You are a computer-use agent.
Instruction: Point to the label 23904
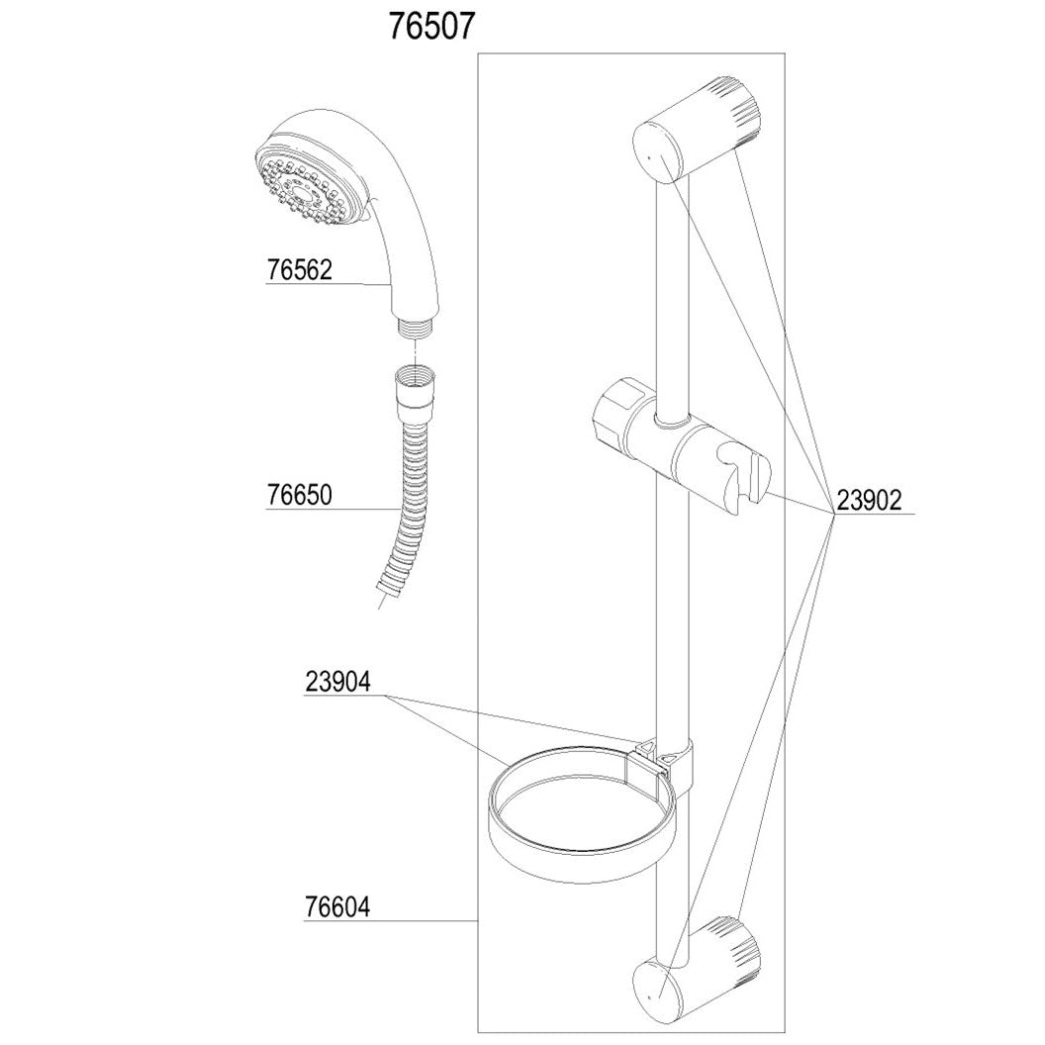(x=337, y=682)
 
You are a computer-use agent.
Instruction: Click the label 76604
(x=336, y=906)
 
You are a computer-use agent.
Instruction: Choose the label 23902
(x=869, y=501)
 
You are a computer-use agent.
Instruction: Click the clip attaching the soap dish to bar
(x=659, y=758)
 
